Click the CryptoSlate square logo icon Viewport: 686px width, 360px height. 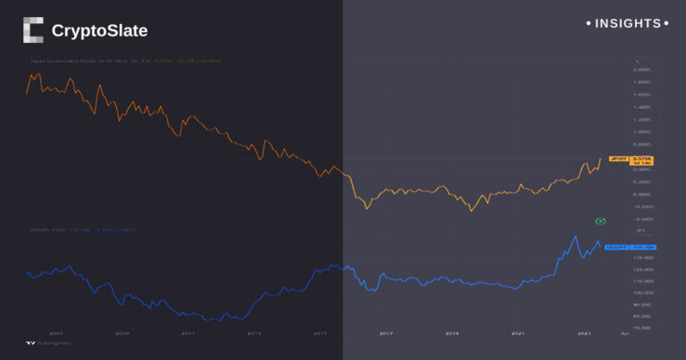pos(33,30)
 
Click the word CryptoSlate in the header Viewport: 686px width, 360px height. pos(99,31)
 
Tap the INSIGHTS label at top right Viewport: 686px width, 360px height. pos(628,23)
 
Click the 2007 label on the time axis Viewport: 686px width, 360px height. pos(56,333)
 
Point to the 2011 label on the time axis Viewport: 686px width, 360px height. pos(188,333)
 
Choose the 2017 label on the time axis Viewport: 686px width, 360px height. pos(386,333)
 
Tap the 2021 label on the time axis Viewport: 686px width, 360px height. pos(518,333)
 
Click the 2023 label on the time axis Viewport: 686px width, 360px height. pos(583,333)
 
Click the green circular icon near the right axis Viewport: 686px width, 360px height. pos(601,220)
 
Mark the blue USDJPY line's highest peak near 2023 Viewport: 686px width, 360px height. pos(571,236)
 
